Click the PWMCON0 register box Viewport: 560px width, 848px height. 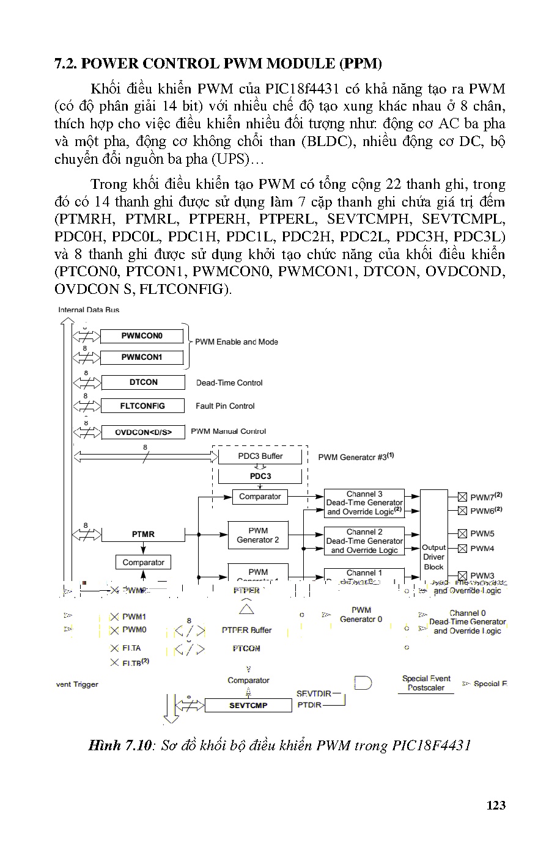pos(141,336)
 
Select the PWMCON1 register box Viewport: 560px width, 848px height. pos(141,357)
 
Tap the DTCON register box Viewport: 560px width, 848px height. pos(143,382)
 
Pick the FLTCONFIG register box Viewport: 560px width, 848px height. pos(142,406)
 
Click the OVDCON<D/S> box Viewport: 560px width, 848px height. pos(144,432)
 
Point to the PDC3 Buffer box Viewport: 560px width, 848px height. pos(260,456)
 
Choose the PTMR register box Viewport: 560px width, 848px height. pos(143,534)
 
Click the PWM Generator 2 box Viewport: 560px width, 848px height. pos(258,535)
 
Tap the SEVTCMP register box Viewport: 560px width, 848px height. pos(248,706)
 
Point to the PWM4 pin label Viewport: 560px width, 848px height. pos(482,549)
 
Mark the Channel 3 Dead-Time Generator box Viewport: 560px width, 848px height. pos(364,503)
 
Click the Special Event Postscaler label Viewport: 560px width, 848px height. pos(426,683)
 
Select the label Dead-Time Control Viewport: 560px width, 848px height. pos(229,383)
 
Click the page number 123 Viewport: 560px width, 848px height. pos(496,805)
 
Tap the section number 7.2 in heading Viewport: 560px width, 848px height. pos(65,64)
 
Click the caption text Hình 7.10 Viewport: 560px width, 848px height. pos(119,745)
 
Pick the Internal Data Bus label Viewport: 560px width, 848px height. pos(89,310)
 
